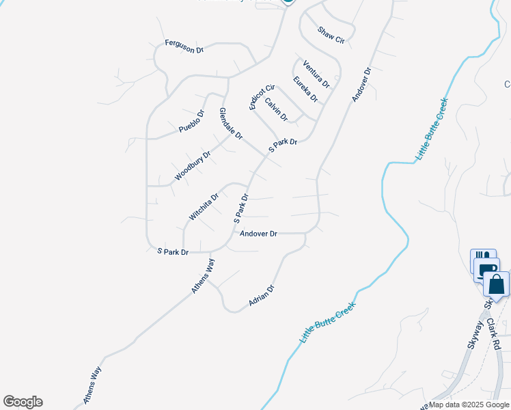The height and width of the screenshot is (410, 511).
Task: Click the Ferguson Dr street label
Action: coord(184,46)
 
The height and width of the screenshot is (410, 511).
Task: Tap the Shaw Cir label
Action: coord(331,36)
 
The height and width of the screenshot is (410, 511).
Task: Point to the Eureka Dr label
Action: coord(305,89)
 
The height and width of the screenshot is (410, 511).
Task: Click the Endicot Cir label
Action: coord(261,96)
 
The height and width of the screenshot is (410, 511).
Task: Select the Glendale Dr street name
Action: coord(231,124)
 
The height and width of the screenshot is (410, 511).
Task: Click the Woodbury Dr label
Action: coord(192,166)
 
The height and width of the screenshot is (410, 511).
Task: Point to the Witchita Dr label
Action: coord(204,207)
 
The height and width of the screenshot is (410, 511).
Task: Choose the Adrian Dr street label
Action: coord(261,295)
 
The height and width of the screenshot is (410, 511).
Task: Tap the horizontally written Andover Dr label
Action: coord(258,234)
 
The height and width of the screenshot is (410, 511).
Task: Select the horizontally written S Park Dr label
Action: coord(173,252)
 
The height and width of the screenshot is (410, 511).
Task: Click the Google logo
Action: coord(23,402)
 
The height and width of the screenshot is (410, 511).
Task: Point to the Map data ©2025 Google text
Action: coord(469,405)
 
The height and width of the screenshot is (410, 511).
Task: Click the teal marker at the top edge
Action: coord(288,2)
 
